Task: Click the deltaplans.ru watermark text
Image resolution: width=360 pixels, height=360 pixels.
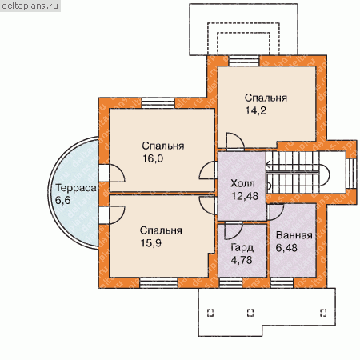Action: [30, 6]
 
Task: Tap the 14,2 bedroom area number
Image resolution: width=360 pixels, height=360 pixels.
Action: [256, 110]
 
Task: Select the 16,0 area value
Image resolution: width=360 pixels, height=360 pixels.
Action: [153, 158]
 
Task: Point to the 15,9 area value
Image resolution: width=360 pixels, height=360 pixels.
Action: [151, 243]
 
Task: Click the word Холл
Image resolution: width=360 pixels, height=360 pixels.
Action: [242, 183]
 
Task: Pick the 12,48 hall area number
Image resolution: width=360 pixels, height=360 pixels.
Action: [245, 196]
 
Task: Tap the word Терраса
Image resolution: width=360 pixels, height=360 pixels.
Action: [76, 188]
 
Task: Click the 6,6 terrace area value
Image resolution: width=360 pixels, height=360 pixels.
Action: [63, 200]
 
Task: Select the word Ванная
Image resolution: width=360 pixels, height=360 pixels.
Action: [294, 235]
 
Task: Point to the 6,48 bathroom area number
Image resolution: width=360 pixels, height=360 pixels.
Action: [286, 248]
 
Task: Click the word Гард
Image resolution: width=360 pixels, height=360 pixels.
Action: [242, 248]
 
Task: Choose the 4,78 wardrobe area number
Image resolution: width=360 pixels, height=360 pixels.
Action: [242, 260]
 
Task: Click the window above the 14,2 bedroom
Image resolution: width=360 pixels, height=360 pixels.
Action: [244, 61]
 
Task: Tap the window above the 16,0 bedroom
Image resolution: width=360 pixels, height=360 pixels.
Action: [158, 103]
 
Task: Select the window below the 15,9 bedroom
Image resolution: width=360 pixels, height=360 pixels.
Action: [158, 283]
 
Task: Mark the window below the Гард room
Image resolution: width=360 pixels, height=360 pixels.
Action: [230, 283]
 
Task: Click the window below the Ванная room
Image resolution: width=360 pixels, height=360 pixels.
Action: [282, 283]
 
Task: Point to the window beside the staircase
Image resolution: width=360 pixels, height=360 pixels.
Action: [351, 174]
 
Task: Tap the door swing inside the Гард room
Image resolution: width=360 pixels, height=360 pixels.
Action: [234, 230]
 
